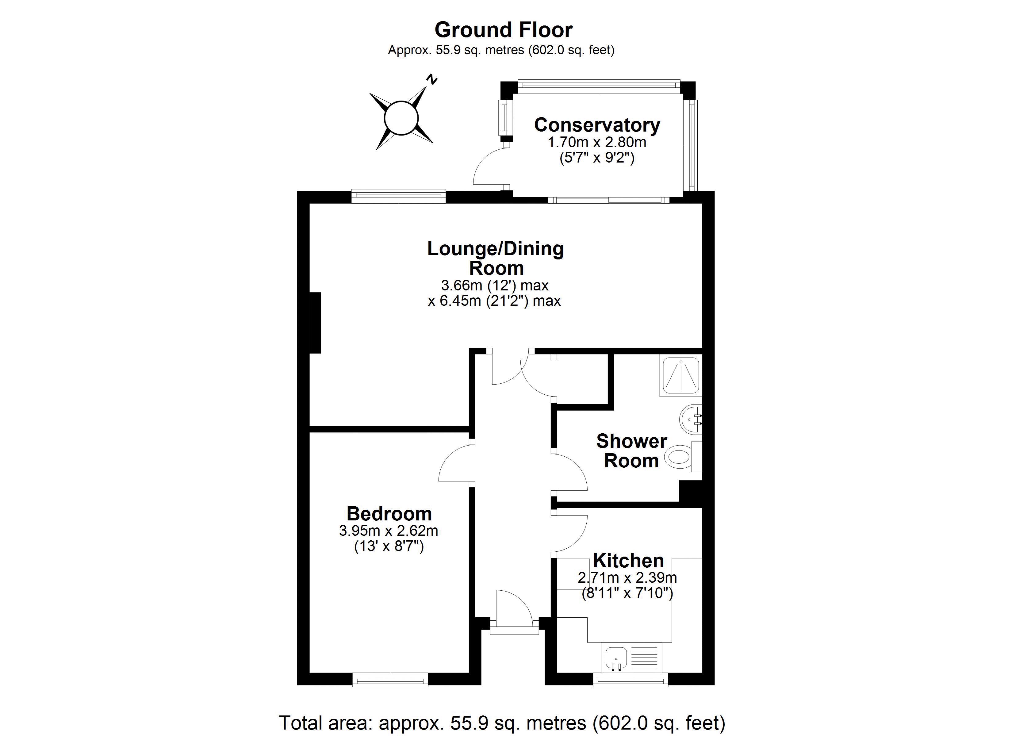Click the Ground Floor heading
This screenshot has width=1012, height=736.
(x=503, y=30)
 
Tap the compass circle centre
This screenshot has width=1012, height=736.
(x=401, y=118)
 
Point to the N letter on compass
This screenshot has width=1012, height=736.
(x=431, y=80)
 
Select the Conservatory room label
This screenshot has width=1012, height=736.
(x=597, y=125)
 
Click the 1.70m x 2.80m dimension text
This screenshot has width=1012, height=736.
(x=597, y=142)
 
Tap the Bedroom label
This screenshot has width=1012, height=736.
(x=389, y=514)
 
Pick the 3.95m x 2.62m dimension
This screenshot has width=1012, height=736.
(x=389, y=531)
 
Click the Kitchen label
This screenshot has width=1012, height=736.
(x=628, y=561)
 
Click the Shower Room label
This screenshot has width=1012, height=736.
(x=631, y=451)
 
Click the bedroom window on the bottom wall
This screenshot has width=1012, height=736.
(x=390, y=680)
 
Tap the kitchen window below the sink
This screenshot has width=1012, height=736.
(x=630, y=680)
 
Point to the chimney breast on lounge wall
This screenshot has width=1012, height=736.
(x=315, y=323)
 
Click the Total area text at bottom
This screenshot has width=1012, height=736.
(x=502, y=723)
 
